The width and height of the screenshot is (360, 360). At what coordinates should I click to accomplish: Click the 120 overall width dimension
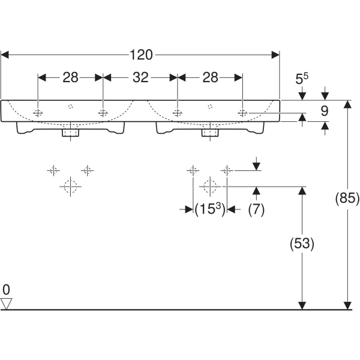coord(142,55)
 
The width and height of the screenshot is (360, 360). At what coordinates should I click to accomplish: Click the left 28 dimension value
coord(71,77)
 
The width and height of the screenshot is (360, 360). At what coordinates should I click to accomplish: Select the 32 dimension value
coord(140,77)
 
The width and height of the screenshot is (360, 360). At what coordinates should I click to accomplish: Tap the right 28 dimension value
coord(210,77)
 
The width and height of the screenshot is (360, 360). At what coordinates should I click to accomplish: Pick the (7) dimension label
coord(256,209)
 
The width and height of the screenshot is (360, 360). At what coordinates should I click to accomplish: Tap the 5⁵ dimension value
coord(304,79)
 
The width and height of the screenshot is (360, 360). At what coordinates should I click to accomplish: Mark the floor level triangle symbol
coord(7,304)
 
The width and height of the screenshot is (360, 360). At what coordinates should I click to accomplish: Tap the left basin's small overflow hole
coord(71,106)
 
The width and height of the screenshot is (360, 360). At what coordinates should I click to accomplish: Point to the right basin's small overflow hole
coord(209,106)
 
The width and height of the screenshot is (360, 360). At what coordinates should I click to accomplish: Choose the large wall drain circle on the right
coord(209,187)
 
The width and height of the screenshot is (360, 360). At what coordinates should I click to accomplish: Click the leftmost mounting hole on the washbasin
coord(38,113)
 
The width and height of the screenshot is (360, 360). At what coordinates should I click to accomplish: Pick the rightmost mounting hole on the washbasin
coord(242,113)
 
